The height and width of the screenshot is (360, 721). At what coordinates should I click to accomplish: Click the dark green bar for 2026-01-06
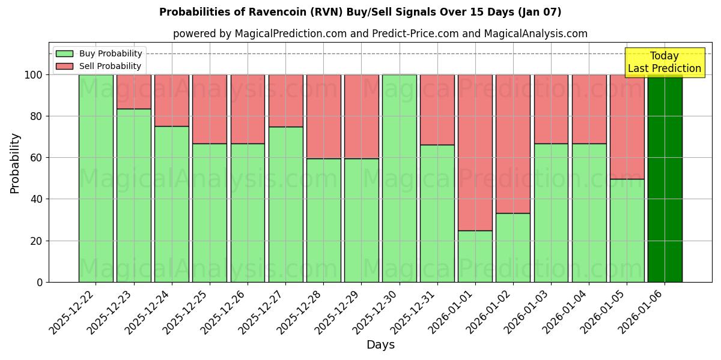coord(665,178)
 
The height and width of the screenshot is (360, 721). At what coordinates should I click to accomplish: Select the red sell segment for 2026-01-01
coord(475,152)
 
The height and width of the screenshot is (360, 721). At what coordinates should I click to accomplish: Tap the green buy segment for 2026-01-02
coord(513,247)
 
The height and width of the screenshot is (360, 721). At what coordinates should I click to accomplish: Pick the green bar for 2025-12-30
coord(399,178)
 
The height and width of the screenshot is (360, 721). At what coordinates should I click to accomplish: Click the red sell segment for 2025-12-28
coord(323,116)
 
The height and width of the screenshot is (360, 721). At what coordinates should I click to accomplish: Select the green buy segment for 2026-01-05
coord(627,230)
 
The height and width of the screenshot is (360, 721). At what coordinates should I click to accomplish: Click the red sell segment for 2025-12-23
coord(133,92)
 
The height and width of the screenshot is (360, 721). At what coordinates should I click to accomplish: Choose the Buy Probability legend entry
coord(99,53)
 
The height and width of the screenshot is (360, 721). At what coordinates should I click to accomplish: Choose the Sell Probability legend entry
coord(99,66)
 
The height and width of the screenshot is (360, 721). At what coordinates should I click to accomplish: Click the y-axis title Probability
coord(15,163)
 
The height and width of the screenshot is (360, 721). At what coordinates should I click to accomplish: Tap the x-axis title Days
coord(380,345)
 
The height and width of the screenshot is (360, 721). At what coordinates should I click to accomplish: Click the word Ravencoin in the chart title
coord(261,12)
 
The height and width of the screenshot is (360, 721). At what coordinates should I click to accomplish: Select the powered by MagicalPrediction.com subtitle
coord(380,34)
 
